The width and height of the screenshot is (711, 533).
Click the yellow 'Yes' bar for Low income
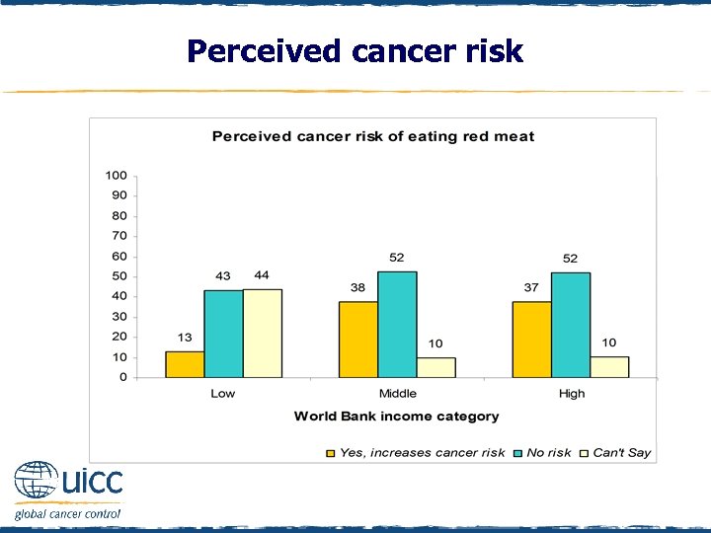(185, 364)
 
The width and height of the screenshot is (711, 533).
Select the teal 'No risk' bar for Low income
(223, 334)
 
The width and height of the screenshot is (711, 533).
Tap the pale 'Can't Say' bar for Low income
(262, 333)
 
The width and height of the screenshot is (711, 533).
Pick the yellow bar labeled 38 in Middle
(358, 339)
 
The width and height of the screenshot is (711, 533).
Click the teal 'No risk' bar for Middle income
(397, 325)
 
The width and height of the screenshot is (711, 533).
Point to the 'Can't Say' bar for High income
(609, 367)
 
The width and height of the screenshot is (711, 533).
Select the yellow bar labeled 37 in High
(532, 340)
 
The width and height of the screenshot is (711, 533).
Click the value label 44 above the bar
(262, 275)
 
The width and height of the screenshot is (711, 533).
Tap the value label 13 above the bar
(185, 338)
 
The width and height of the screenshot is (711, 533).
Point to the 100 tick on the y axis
(117, 176)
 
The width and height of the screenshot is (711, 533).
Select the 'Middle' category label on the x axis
(397, 394)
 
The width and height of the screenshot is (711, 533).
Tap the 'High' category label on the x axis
(571, 394)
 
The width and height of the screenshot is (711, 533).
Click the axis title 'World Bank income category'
(396, 417)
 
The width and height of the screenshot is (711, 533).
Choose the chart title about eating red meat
(373, 136)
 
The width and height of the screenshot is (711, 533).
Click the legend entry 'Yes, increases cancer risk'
(415, 453)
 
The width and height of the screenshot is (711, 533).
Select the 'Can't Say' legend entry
(615, 453)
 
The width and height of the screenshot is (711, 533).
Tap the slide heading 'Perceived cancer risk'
(355, 51)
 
